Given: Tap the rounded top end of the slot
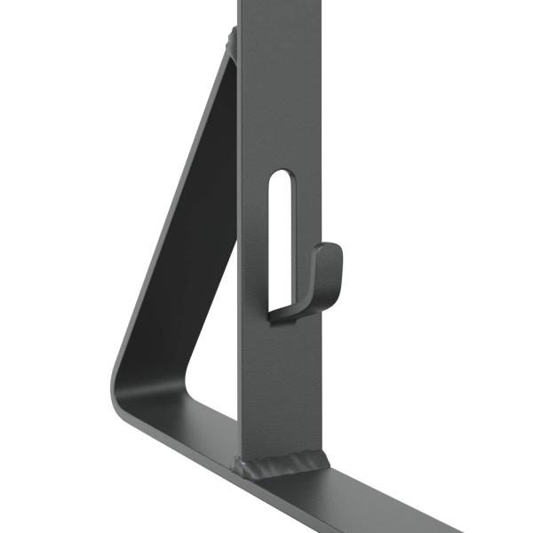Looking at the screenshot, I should (280, 176).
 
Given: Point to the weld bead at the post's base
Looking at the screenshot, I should (282, 463).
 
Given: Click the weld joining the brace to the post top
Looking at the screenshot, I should (233, 40).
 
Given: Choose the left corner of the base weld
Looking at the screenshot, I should (240, 464).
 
